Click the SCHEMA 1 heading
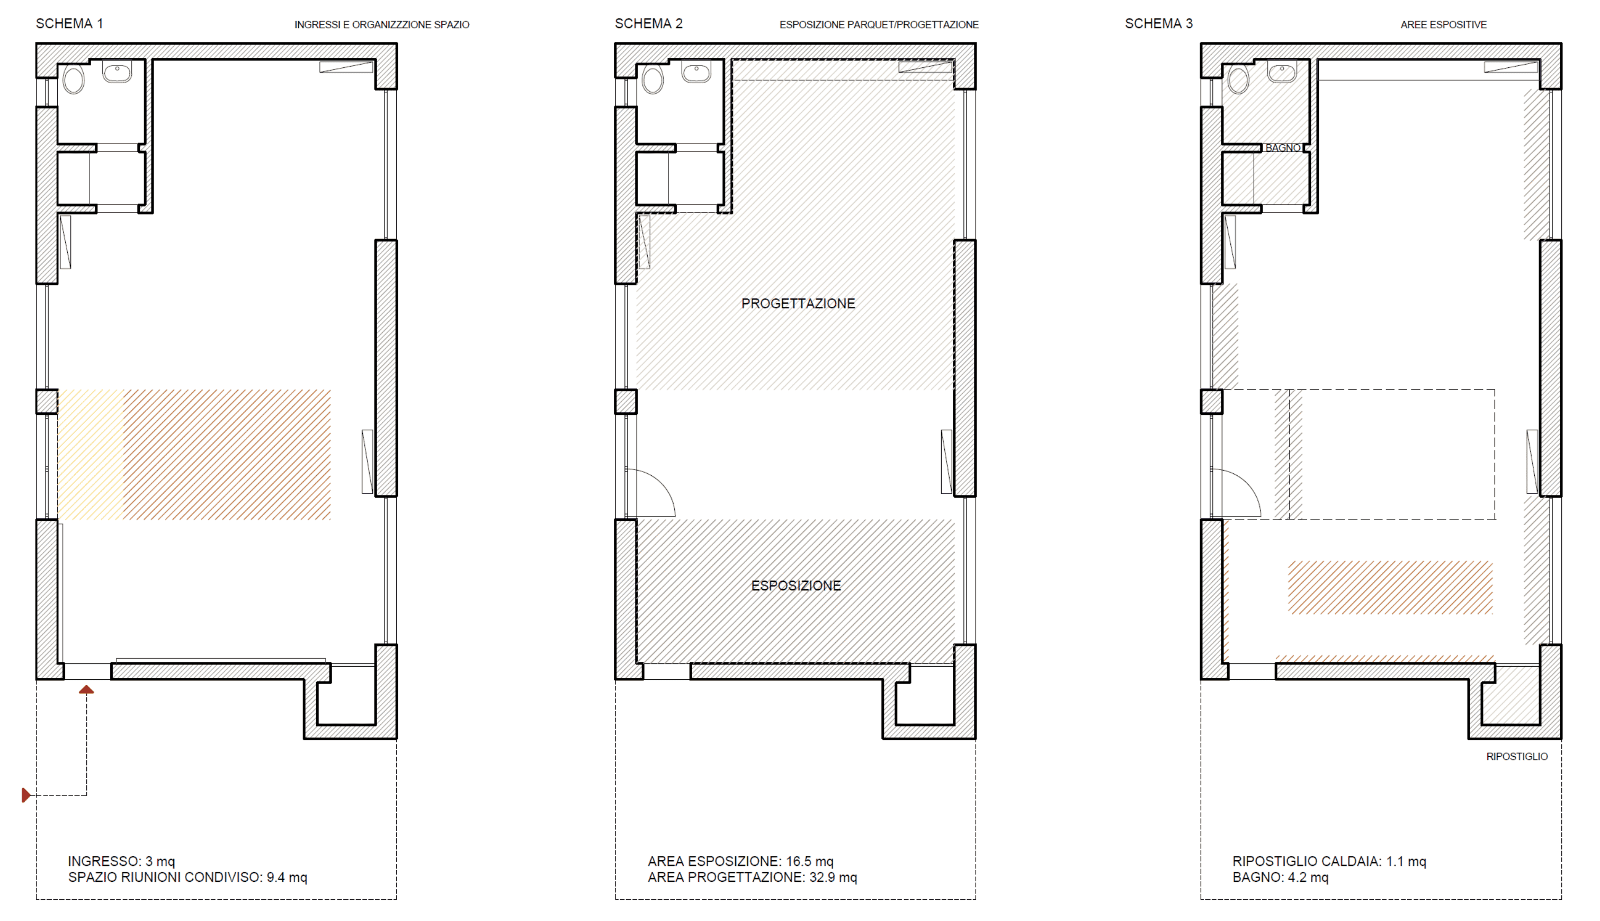pos(69,23)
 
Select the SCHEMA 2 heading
pos(649,23)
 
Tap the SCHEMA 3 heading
pos(1159,23)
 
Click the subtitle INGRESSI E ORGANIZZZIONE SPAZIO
pos(382,25)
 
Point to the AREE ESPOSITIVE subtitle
pos(1444,25)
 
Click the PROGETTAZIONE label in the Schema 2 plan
pos(799,304)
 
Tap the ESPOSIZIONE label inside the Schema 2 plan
pos(796,586)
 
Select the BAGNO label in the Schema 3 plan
pos(1283,148)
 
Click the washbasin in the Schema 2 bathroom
pos(696,73)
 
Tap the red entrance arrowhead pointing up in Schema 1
pos(87,690)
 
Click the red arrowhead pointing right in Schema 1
pos(26,795)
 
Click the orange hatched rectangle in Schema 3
pos(1391,588)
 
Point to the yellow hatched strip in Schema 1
pos(91,455)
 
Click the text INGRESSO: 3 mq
pos(121,862)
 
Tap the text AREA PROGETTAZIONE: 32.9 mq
pos(752,878)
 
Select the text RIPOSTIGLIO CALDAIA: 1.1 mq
pos(1329,862)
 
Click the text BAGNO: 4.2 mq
pos(1281,878)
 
